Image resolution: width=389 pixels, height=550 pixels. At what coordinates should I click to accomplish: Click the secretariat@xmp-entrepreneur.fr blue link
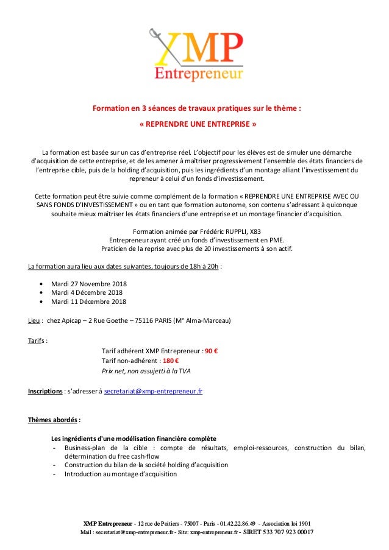tap(154, 390)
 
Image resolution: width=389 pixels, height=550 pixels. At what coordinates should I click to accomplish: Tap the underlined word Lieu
tap(34, 321)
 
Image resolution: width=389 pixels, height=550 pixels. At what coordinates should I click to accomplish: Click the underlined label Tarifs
tap(37, 340)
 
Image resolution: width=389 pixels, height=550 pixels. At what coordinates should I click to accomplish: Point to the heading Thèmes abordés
tap(54, 420)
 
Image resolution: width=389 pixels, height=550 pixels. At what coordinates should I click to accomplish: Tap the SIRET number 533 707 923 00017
tap(280, 532)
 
